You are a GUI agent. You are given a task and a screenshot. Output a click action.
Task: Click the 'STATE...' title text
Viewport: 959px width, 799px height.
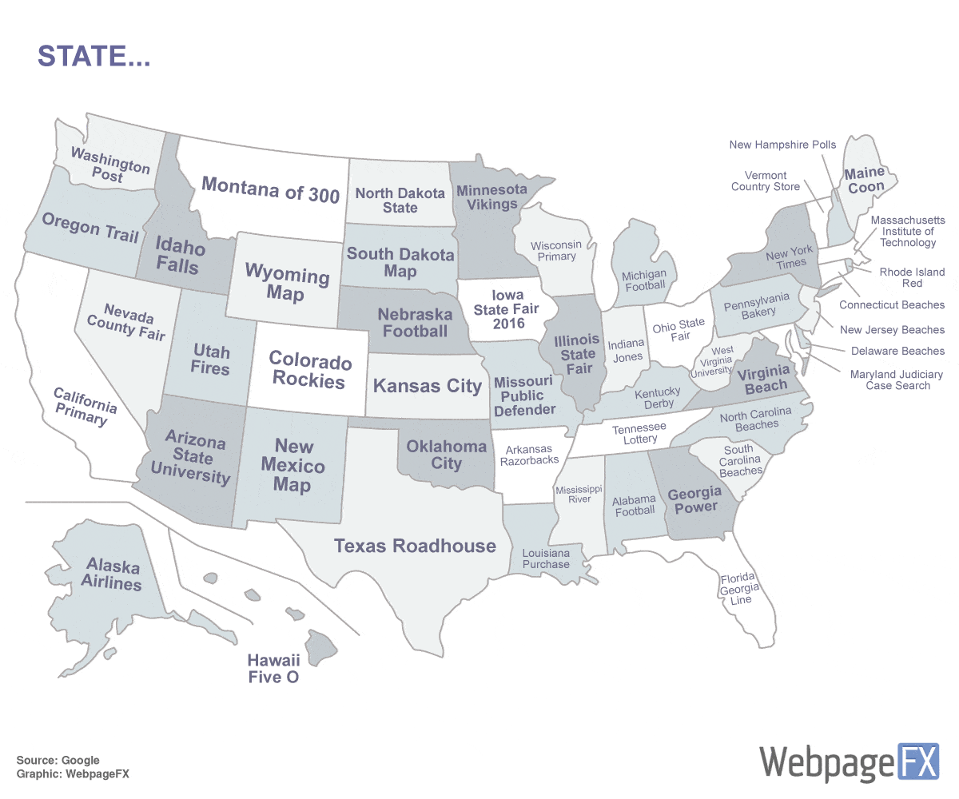(x=94, y=56)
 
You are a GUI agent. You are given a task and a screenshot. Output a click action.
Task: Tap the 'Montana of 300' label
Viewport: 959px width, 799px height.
(x=270, y=189)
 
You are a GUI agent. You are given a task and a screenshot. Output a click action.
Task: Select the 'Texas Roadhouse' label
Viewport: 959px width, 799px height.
(x=415, y=546)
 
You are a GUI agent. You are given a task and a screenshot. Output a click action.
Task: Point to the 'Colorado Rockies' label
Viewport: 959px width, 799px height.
(x=310, y=371)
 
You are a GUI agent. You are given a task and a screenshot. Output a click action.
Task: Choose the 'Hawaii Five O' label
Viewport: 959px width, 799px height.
(x=273, y=669)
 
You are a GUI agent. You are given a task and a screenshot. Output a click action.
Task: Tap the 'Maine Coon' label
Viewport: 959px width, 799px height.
(x=865, y=180)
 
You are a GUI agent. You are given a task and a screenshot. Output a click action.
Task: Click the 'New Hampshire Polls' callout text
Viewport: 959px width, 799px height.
(x=782, y=145)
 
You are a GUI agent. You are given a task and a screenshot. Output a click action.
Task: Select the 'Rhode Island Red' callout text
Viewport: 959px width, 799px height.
(x=911, y=277)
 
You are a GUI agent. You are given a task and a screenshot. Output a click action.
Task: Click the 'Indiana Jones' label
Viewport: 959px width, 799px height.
(x=627, y=350)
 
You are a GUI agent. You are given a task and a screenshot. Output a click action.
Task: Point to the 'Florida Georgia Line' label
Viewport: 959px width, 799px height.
(x=739, y=589)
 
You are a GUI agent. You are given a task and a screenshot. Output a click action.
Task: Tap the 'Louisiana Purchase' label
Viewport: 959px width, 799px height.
(x=546, y=559)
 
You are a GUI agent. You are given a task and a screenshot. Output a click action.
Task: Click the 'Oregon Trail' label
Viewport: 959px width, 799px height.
(x=90, y=227)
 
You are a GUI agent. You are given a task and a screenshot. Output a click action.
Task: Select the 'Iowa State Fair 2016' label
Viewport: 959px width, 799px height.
(x=507, y=309)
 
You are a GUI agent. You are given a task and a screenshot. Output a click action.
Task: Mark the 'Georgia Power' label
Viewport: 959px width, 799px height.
(x=694, y=499)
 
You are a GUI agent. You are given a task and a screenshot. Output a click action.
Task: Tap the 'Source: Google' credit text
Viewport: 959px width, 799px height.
(x=58, y=760)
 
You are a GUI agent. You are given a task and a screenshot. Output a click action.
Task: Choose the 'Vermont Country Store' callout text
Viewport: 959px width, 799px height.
(x=765, y=181)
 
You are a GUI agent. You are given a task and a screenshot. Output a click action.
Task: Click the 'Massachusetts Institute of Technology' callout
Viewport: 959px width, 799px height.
(x=907, y=231)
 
